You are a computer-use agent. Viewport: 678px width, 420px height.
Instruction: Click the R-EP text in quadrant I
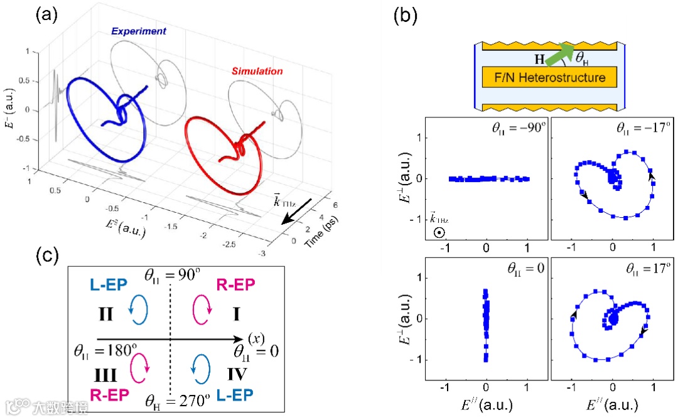[x=236, y=286]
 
